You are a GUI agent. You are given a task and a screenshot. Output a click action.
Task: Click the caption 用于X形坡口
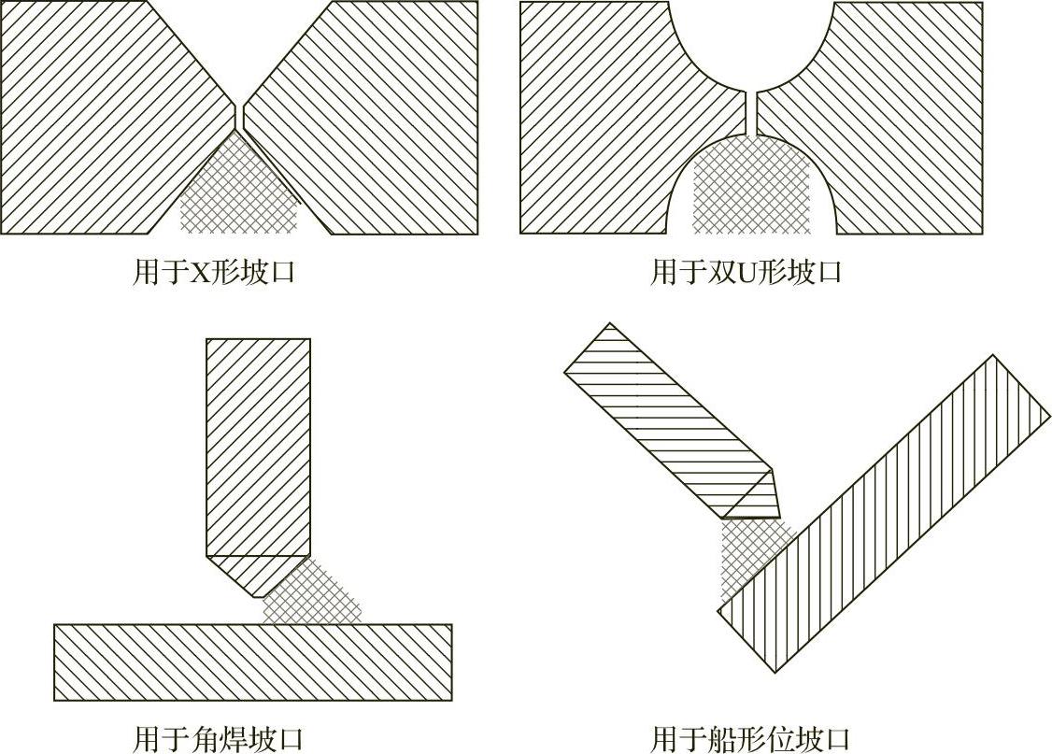[214, 273]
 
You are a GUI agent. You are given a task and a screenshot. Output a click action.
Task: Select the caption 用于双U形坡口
[746, 273]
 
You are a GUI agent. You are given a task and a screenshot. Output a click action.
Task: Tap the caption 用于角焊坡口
[219, 738]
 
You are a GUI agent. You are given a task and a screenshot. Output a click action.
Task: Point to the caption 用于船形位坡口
[750, 738]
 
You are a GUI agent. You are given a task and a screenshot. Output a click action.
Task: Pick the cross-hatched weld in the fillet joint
[313, 593]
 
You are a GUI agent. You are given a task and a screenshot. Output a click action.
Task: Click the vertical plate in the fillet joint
[257, 448]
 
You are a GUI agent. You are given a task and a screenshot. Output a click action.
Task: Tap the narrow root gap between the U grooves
[751, 113]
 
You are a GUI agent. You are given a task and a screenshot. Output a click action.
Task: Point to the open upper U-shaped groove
[751, 37]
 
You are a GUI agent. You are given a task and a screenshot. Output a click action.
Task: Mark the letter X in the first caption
[199, 273]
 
